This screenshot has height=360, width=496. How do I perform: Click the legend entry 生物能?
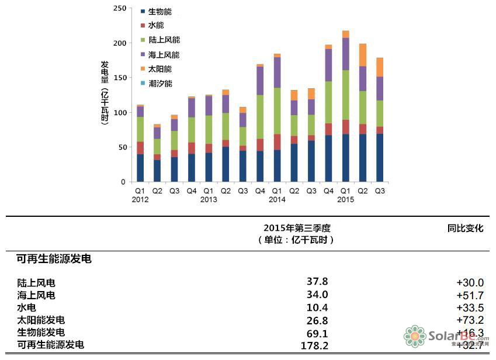[x=159, y=12]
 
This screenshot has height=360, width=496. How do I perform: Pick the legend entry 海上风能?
[x=164, y=54]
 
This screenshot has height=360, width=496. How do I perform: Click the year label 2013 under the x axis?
[x=209, y=200]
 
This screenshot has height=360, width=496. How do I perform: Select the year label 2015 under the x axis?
[x=346, y=200]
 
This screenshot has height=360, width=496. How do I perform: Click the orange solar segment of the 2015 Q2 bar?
[x=363, y=55]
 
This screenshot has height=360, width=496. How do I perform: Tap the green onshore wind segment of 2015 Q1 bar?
[x=346, y=95]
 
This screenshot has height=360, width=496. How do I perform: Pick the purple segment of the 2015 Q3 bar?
[x=380, y=89]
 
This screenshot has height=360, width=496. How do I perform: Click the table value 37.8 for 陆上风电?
[x=317, y=282]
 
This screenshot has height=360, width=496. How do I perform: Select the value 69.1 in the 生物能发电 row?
[x=317, y=333]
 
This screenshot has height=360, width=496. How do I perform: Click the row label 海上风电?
[x=36, y=296]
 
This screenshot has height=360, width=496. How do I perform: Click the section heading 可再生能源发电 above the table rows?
[x=50, y=259]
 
